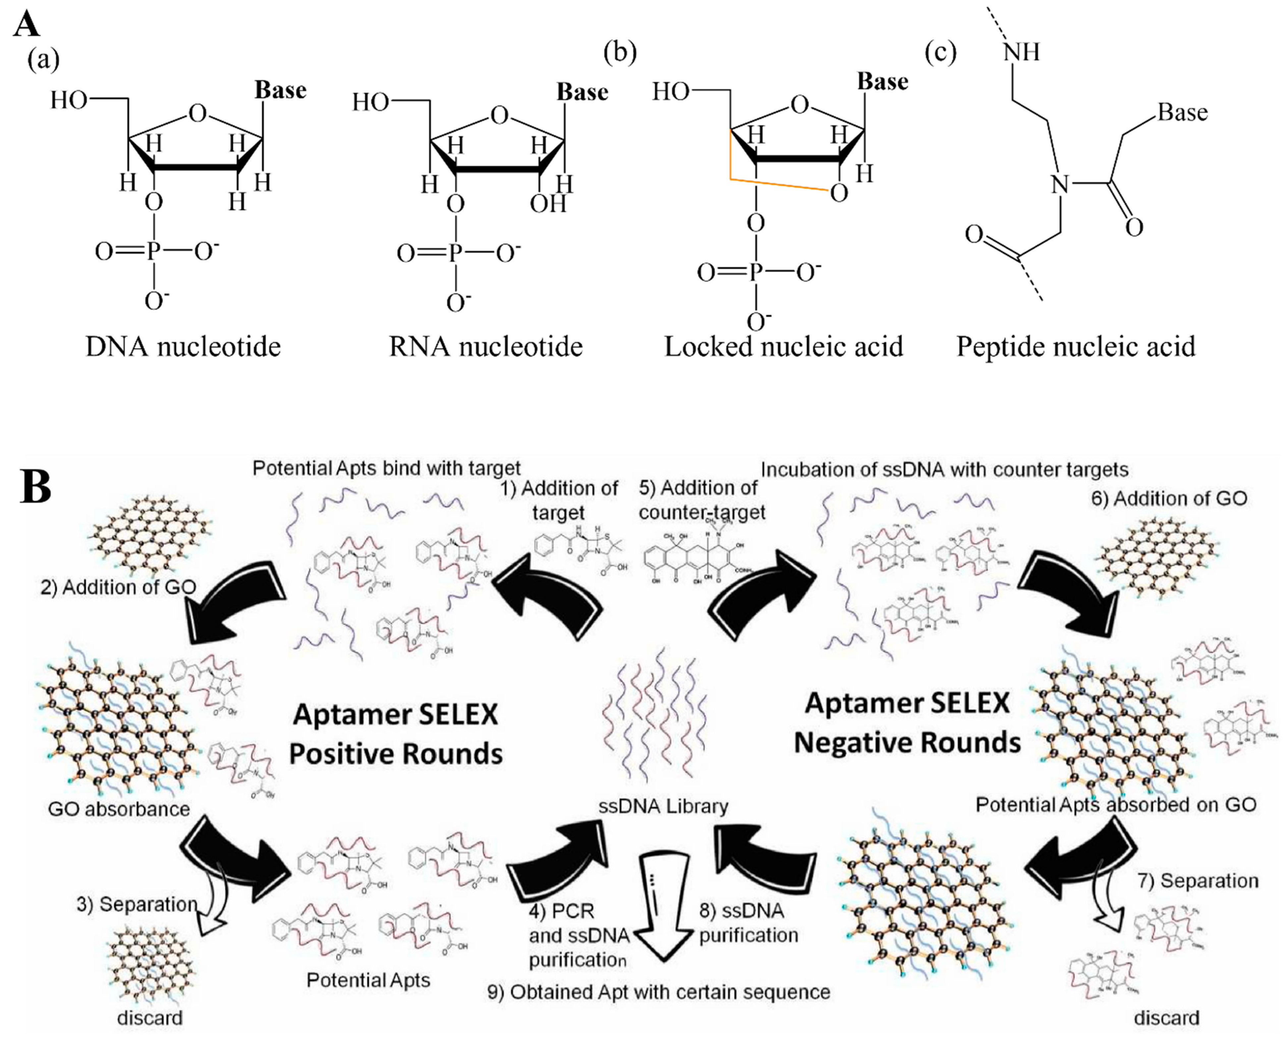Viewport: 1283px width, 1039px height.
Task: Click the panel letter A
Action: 27,25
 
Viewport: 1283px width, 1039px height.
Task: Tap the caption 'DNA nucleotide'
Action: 183,347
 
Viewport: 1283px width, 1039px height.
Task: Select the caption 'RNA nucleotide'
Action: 486,347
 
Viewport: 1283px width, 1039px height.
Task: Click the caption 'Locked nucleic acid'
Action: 783,347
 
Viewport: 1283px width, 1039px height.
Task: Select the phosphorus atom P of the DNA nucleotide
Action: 154,252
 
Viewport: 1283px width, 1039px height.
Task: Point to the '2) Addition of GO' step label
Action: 119,587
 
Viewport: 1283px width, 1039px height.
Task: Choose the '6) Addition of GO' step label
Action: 1169,499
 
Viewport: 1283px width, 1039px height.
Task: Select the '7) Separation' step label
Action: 1198,880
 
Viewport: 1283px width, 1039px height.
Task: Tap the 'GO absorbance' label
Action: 119,809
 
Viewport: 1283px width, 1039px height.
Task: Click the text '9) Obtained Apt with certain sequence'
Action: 658,992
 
